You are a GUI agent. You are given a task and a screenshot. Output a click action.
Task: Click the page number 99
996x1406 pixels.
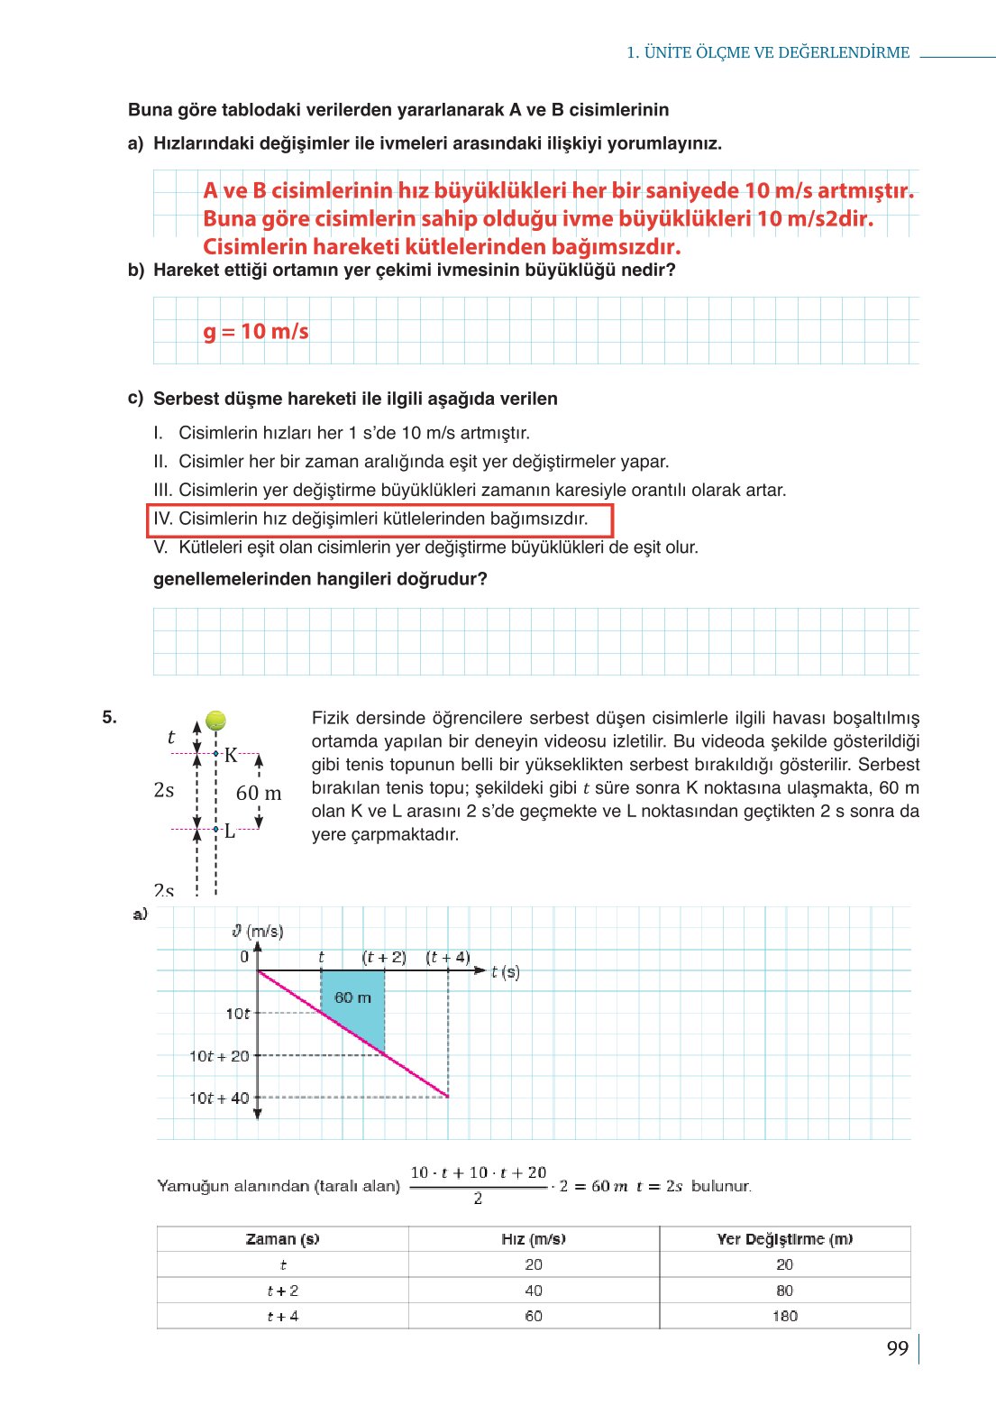897,1348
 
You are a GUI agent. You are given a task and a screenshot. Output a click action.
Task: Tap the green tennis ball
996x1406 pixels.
215,720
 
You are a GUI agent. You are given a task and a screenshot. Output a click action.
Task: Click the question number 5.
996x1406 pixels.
109,718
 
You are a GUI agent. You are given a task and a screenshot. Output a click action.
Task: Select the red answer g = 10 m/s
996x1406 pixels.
256,332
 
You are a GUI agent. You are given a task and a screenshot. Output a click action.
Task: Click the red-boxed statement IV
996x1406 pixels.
379,519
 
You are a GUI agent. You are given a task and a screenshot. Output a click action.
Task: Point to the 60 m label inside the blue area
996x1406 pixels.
352,997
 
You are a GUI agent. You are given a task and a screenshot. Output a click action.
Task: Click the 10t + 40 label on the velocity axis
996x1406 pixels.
219,1098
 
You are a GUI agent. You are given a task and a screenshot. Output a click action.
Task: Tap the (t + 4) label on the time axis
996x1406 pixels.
448,957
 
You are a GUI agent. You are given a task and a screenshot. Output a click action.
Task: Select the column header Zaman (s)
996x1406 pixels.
282,1239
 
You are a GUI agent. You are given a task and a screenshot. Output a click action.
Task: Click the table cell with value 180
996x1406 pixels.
784,1316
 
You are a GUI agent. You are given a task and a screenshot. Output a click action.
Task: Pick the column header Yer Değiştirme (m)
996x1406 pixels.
784,1239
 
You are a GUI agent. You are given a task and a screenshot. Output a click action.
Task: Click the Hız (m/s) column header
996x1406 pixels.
534,1239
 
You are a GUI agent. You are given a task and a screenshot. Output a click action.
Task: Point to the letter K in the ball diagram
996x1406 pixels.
232,756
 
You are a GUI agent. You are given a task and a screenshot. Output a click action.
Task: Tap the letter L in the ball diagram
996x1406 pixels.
230,832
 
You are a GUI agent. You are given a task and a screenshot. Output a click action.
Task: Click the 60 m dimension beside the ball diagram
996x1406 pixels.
259,794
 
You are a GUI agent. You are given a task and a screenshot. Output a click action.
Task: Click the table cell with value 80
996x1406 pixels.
784,1291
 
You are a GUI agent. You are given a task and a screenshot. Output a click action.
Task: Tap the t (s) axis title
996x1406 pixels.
506,972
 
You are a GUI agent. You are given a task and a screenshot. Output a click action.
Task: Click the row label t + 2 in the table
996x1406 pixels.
282,1291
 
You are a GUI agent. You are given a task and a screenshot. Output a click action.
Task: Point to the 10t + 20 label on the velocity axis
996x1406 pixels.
219,1055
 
